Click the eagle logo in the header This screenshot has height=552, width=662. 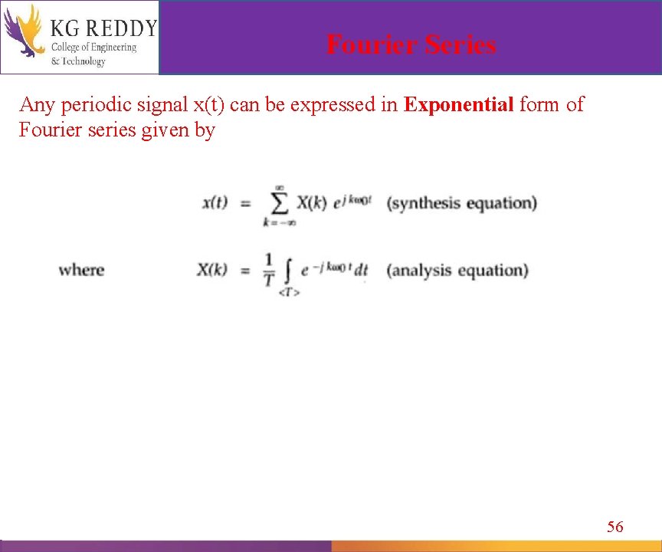(x=23, y=31)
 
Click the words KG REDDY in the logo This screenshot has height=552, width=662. (x=103, y=28)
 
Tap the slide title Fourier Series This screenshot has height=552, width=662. (x=411, y=44)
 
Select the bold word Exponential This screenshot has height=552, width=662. (x=458, y=105)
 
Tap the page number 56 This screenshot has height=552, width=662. (x=615, y=526)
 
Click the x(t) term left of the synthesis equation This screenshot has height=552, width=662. (x=215, y=203)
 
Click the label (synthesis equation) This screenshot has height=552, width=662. (x=461, y=203)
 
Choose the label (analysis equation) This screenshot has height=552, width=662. (x=457, y=271)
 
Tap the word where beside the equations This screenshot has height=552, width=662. (x=81, y=270)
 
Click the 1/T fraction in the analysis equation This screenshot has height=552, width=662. (x=268, y=270)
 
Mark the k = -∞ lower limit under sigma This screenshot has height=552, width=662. (x=279, y=223)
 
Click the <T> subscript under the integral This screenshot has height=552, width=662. (x=289, y=292)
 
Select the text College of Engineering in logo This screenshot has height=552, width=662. (x=93, y=48)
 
